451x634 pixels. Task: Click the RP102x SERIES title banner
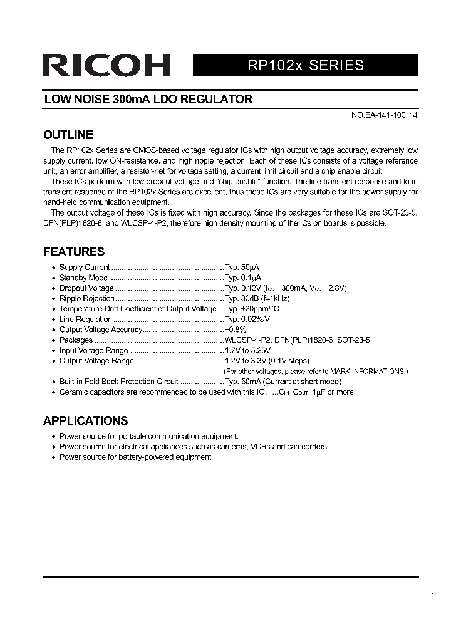pyautogui.click(x=305, y=65)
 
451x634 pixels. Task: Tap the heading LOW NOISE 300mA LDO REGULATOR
pyautogui.click(x=148, y=99)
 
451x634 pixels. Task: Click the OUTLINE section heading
pyautogui.click(x=68, y=135)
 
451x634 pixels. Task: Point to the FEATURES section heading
pyautogui.click(x=73, y=251)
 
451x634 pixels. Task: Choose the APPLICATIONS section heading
pyautogui.click(x=85, y=420)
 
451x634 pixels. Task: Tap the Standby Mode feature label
pyautogui.click(x=83, y=278)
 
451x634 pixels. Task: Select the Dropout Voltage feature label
pyautogui.click(x=86, y=288)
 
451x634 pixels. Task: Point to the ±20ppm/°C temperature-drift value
pyautogui.click(x=252, y=309)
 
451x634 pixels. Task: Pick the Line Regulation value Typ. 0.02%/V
pyautogui.click(x=248, y=320)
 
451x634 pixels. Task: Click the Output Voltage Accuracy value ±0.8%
pyautogui.click(x=236, y=330)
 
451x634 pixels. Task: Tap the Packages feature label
pyautogui.click(x=76, y=340)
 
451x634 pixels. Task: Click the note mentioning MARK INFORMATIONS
pyautogui.click(x=316, y=372)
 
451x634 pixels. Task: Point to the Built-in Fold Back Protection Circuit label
pyautogui.click(x=118, y=382)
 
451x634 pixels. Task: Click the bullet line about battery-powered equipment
pyautogui.click(x=136, y=457)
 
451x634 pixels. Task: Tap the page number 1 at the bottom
pyautogui.click(x=433, y=596)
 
